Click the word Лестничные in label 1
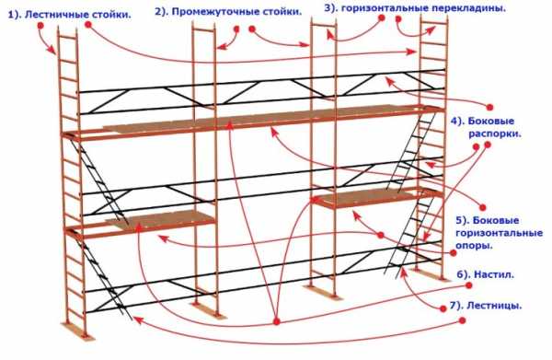pos(54,15)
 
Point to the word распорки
pos(495,134)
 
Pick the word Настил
pos(494,274)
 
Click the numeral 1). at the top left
pos(15,15)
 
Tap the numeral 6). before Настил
pos(464,274)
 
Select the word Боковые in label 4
pos(491,122)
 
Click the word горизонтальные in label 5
pos(499,233)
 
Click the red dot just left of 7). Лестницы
pos(443,309)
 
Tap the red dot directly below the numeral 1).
pos(40,26)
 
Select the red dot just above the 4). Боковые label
pos(489,107)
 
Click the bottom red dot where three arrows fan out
pos(277,321)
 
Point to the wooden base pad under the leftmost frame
pos(77,331)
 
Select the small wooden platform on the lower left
pos(160,218)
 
